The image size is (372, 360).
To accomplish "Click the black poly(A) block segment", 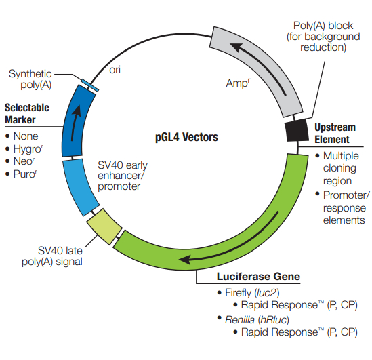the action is pos(297,130).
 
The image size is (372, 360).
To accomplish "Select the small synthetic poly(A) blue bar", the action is pos(89,85).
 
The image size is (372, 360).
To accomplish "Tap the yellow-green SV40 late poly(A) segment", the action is pos(104,226).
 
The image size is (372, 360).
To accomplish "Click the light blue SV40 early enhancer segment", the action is pos(81,187).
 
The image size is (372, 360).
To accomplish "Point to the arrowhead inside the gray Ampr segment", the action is pos(237,47).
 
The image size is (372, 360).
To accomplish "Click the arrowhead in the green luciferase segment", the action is pos(187,259).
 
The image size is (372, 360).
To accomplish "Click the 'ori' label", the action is pos(115,70).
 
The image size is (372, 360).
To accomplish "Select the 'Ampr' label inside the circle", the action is pos(238,83).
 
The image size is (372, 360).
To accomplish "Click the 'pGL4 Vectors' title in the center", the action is pos(186,137).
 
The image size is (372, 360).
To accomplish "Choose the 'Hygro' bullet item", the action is pos(28,149).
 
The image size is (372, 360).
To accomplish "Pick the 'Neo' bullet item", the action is pos(24,161).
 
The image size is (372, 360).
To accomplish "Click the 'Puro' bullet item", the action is pos(25,174).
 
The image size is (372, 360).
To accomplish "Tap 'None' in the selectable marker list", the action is pos(26,136).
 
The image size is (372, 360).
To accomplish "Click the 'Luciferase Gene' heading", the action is pos(258,277).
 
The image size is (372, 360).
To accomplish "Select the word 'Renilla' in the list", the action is pos(240,319).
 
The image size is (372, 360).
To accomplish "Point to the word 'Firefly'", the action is pos(238,293).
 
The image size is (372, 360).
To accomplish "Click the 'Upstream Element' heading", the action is pos(335,134).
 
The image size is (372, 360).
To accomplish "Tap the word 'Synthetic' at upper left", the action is pos(30,74).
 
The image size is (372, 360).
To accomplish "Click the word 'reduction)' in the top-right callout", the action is pos(323,47).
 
